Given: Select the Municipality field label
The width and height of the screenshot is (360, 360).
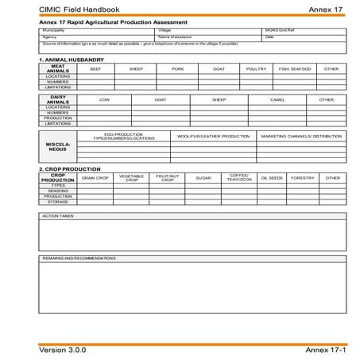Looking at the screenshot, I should pyautogui.click(x=53, y=30).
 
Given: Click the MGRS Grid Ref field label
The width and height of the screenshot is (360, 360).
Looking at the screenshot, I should pyautogui.click(x=280, y=30).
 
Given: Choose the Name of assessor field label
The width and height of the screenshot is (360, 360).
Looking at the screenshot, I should pyautogui.click(x=176, y=37).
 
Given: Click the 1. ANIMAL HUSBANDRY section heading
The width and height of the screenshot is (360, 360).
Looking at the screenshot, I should pyautogui.click(x=72, y=60).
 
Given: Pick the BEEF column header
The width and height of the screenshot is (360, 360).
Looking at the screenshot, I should pyautogui.click(x=95, y=68).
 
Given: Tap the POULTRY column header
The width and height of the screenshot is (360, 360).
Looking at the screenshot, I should pyautogui.click(x=256, y=68).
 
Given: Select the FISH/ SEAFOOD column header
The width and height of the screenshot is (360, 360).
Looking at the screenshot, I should pyautogui.click(x=294, y=68).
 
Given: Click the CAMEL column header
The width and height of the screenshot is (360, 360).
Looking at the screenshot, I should pyautogui.click(x=277, y=99).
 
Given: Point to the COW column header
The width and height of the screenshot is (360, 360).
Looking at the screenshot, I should pyautogui.click(x=104, y=99).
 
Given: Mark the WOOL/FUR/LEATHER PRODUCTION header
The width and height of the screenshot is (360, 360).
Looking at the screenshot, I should pyautogui.click(x=213, y=136).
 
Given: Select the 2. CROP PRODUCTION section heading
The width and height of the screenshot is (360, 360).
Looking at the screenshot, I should pyautogui.click(x=70, y=168).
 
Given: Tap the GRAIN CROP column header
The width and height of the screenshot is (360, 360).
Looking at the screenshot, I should pyautogui.click(x=95, y=177).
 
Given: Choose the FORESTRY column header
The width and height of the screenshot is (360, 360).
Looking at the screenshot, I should pyautogui.click(x=303, y=177).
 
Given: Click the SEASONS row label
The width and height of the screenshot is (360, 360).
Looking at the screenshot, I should pyautogui.click(x=57, y=190).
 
